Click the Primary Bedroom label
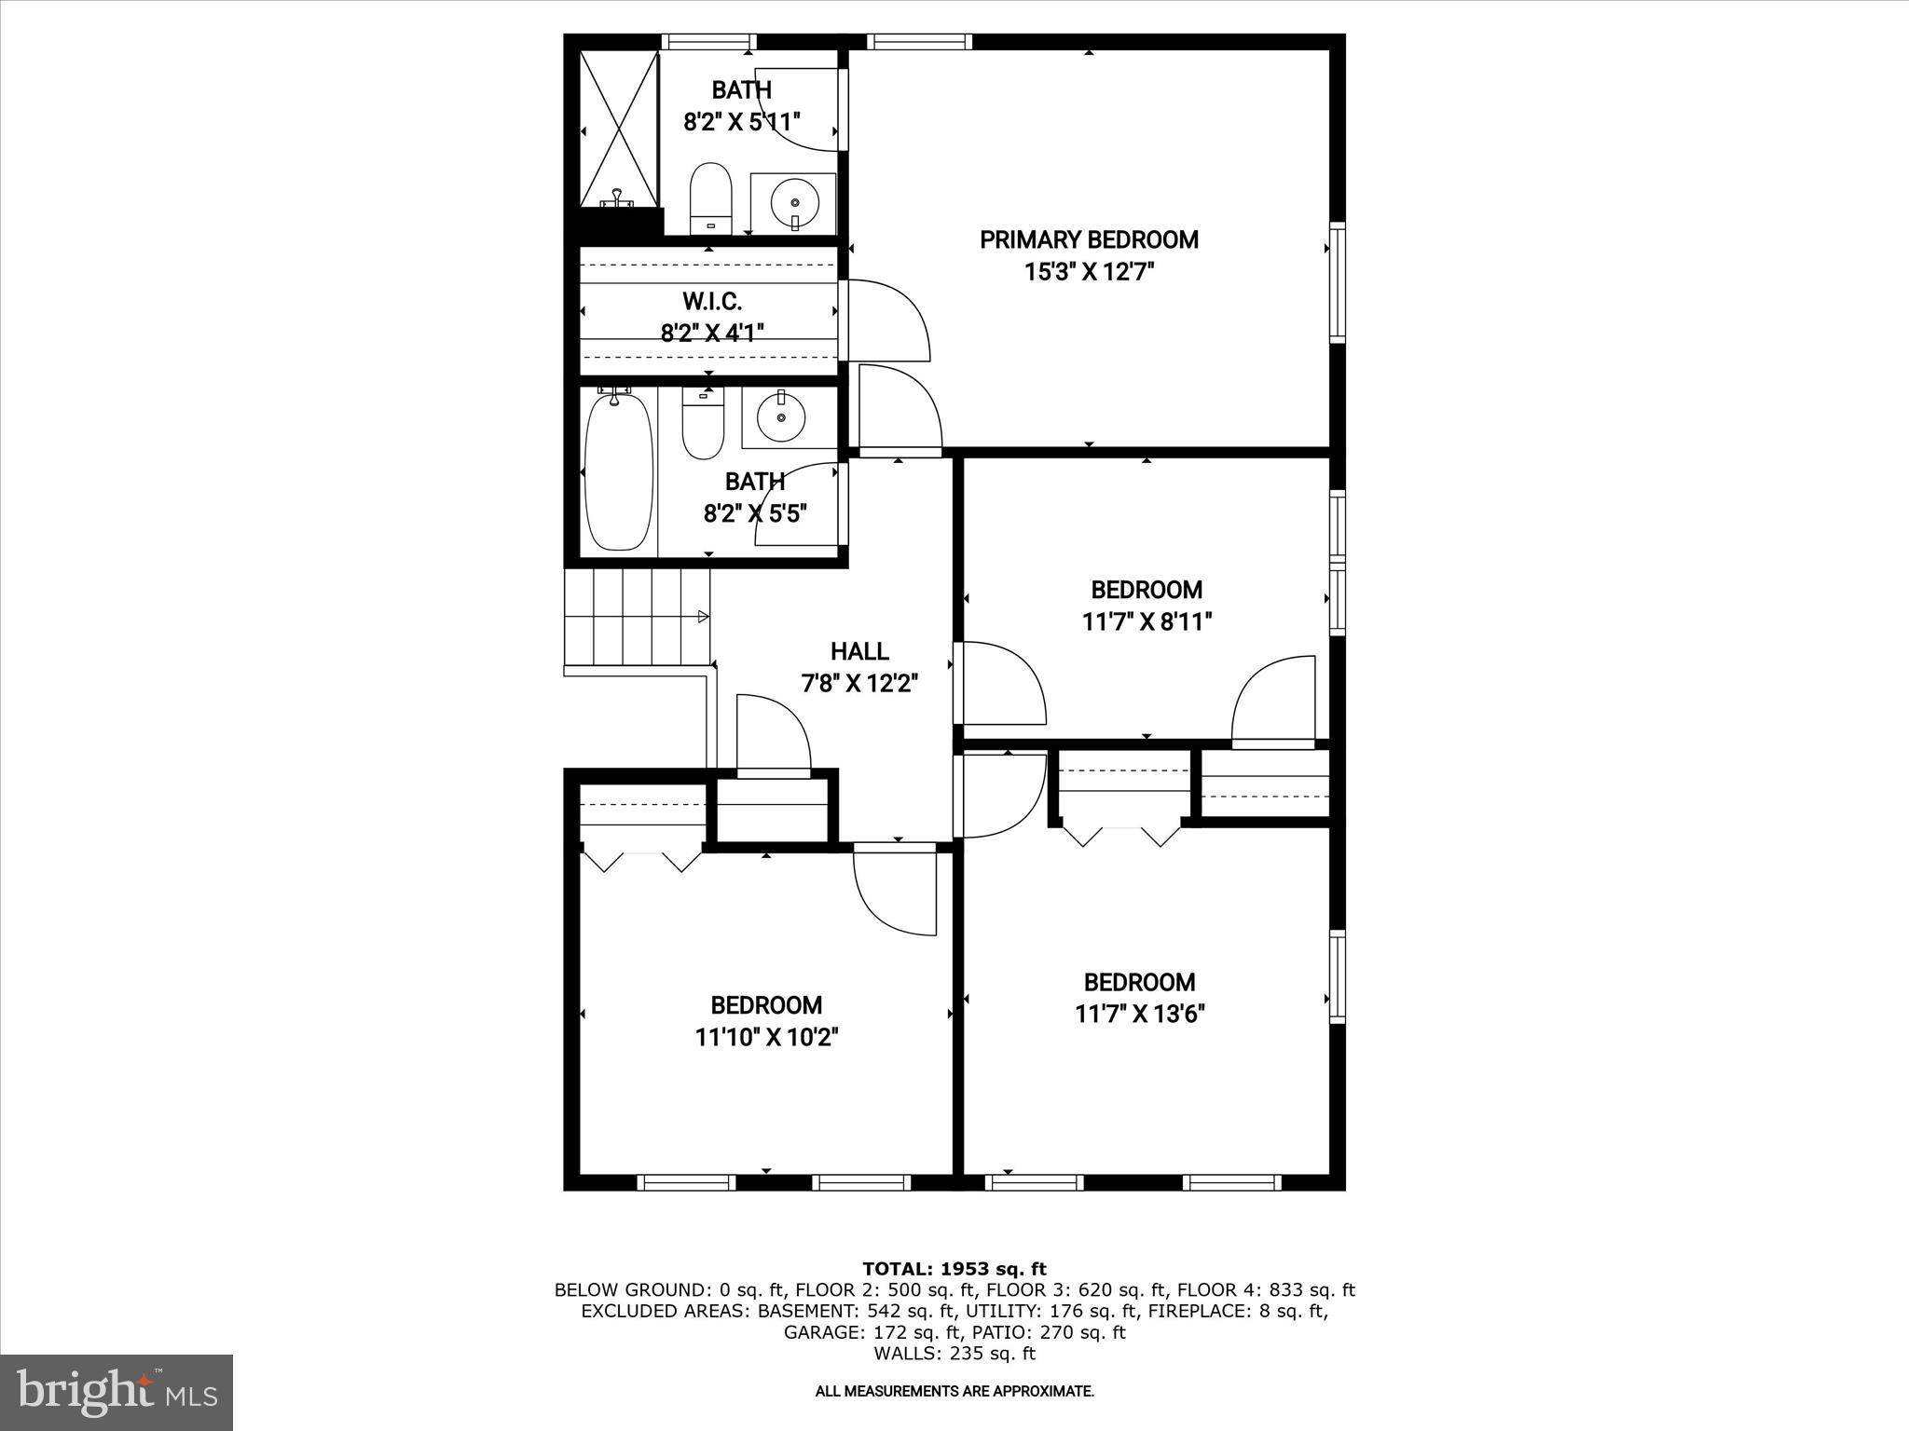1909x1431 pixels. pos(1088,240)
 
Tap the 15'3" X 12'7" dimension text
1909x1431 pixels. pos(1088,273)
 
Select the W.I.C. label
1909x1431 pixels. pos(712,302)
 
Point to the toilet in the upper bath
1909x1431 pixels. pos(710,198)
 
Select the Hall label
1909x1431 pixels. pos(859,651)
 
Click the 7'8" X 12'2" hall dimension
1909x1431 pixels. pos(859,684)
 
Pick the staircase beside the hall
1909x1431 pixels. pos(638,617)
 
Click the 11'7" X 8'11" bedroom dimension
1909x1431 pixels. pos(1147,621)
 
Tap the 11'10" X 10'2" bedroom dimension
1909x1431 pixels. pos(766,1037)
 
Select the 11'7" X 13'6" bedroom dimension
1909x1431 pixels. pos(1139,1014)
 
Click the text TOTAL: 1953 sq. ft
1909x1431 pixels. pos(954,1269)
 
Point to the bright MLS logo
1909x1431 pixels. pos(117,1392)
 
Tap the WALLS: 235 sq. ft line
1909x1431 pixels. pos(954,1354)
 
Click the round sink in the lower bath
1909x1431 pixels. pos(781,418)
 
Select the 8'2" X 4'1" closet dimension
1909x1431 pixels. pos(712,333)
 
